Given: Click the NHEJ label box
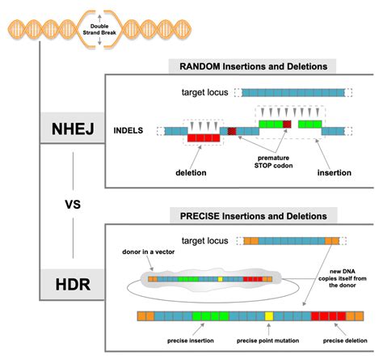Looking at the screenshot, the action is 72,128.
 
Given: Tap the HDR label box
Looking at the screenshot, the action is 72,284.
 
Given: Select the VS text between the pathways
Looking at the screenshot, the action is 73,205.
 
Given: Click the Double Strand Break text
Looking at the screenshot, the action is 99,29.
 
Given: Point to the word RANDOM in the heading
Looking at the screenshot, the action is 200,66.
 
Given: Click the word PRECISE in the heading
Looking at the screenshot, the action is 200,216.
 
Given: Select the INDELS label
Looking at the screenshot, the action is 128,130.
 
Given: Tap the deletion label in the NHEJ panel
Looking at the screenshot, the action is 191,172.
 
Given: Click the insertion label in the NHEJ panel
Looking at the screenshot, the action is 335,172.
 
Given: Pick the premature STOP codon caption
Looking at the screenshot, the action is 273,162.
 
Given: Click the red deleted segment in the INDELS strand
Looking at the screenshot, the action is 204,138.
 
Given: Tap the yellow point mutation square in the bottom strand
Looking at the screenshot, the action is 269,316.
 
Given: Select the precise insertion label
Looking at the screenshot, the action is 191,341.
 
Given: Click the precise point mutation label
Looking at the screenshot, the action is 267,341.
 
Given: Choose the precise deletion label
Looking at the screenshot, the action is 345,341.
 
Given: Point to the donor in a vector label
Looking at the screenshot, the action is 149,252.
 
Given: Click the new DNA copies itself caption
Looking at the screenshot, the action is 343,278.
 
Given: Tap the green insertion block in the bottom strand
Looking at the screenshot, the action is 211,316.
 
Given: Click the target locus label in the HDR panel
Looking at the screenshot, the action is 204,240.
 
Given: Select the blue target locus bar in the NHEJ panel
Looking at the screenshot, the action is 293,93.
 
